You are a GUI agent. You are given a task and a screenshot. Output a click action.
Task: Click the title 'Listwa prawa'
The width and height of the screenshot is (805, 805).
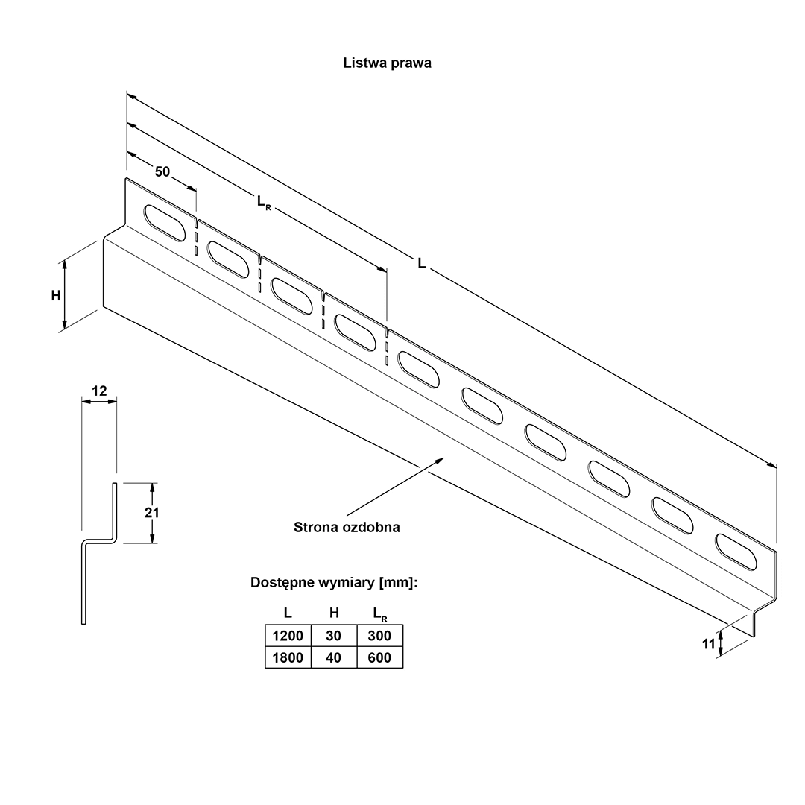tap(387, 63)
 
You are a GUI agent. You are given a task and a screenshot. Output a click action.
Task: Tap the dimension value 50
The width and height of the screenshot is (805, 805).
tap(162, 171)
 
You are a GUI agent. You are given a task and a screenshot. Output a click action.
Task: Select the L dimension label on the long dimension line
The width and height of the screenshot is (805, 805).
tap(421, 263)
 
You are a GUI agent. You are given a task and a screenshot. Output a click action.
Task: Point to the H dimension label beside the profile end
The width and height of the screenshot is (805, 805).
tap(56, 296)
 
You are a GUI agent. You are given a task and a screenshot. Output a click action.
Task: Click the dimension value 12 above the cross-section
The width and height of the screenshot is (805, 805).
tap(99, 391)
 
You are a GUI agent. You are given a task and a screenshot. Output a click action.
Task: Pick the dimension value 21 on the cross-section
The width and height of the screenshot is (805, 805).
tap(151, 512)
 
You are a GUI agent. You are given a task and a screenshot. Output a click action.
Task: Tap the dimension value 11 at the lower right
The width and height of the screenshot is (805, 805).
tap(709, 644)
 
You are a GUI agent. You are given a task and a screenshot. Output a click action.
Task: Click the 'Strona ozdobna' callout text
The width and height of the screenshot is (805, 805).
tap(347, 527)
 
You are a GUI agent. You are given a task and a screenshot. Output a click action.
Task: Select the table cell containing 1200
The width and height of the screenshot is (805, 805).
tap(288, 636)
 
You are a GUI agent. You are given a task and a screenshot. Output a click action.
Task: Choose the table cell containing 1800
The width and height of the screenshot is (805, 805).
tap(288, 657)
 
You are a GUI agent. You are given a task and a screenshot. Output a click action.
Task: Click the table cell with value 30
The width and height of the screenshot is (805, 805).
tap(334, 636)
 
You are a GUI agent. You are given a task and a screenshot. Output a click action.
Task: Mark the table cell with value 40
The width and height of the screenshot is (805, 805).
tap(334, 657)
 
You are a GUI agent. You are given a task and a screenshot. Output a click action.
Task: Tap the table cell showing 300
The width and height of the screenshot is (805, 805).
tap(380, 636)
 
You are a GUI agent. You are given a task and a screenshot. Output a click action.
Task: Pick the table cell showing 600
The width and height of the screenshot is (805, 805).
tap(380, 657)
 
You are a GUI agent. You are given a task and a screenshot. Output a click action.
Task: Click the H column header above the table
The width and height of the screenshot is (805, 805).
tap(334, 613)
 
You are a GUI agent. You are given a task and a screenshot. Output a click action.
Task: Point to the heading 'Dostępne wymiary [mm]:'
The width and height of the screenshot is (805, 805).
tap(334, 583)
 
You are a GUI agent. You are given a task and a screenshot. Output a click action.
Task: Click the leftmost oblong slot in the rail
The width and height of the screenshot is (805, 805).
tap(164, 224)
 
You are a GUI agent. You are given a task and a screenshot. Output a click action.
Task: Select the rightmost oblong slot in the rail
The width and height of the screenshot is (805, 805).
tap(736, 552)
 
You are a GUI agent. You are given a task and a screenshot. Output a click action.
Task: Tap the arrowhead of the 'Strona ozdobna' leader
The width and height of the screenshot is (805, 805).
tap(440, 460)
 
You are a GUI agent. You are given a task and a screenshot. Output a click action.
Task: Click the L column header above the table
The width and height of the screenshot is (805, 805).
tap(288, 613)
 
